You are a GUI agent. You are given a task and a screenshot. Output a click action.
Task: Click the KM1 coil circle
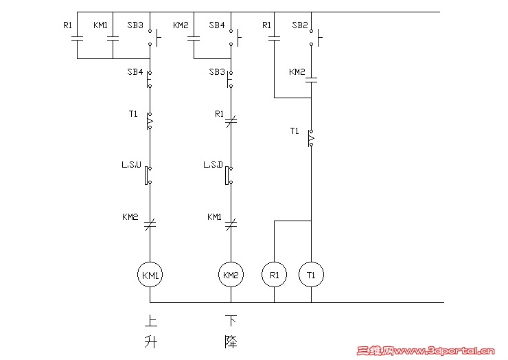[x=150, y=275]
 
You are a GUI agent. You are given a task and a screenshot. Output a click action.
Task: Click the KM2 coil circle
[x=231, y=275]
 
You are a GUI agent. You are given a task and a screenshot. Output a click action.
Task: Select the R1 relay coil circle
[x=275, y=275]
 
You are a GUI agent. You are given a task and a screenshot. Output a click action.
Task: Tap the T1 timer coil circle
[x=311, y=275]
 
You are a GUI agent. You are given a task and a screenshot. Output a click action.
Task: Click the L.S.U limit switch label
[x=132, y=166]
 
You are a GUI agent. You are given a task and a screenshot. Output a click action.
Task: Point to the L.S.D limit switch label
[x=213, y=166]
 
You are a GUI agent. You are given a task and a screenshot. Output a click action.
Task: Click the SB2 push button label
[x=300, y=25]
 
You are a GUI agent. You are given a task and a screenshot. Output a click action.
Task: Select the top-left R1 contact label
[x=67, y=25]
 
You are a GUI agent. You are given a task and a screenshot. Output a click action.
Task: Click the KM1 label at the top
[x=100, y=25]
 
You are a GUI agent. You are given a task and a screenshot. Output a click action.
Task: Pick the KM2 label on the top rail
[x=181, y=25]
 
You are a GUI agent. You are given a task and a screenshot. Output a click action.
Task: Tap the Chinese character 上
[x=150, y=320]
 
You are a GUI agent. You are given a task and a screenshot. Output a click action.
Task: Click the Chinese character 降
[x=231, y=341]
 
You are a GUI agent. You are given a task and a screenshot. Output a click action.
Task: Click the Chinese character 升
[x=150, y=341]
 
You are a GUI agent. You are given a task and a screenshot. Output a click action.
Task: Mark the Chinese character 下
[x=231, y=320]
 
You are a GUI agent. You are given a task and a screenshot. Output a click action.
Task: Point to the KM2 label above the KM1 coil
[x=130, y=217]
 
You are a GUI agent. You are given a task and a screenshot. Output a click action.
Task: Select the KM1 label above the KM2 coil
[x=215, y=217]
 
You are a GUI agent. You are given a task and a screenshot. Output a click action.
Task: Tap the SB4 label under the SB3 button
[x=135, y=71]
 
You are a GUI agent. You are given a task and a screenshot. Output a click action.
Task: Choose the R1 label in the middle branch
[x=219, y=113]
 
